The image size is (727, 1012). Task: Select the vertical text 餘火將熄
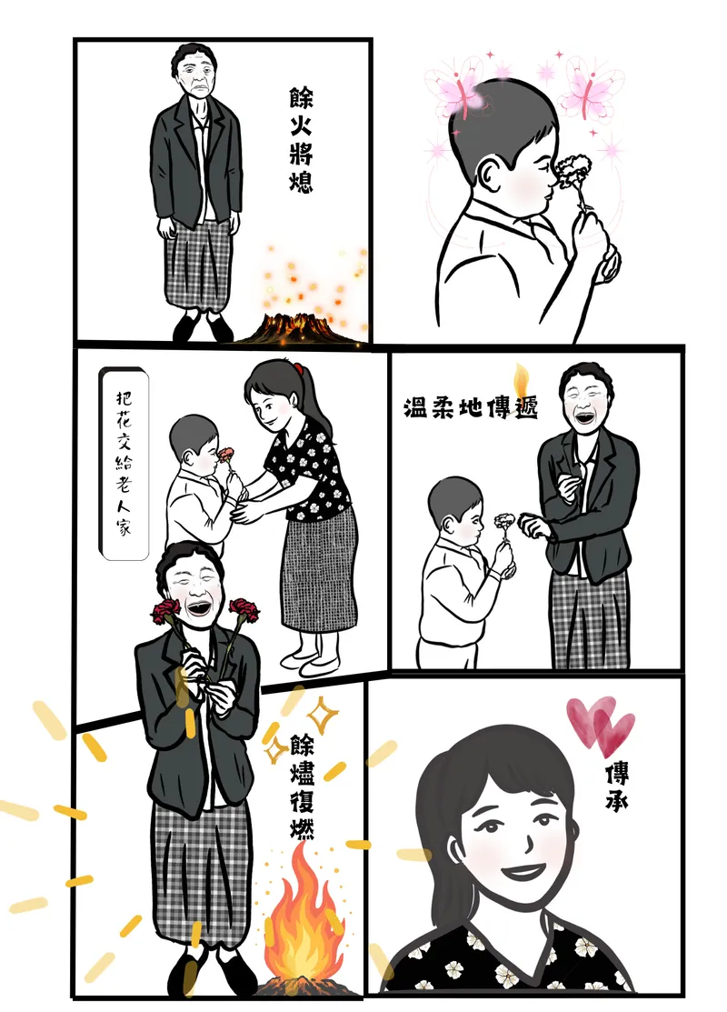tap(301, 142)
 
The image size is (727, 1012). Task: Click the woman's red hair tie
tap(297, 368)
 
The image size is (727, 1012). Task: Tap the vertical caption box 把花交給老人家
tap(123, 462)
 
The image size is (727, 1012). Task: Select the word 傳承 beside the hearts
tap(617, 787)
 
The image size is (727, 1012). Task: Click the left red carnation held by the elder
tap(165, 610)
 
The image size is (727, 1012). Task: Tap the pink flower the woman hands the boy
tap(225, 455)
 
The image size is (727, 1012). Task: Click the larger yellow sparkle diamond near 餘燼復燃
tap(321, 713)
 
